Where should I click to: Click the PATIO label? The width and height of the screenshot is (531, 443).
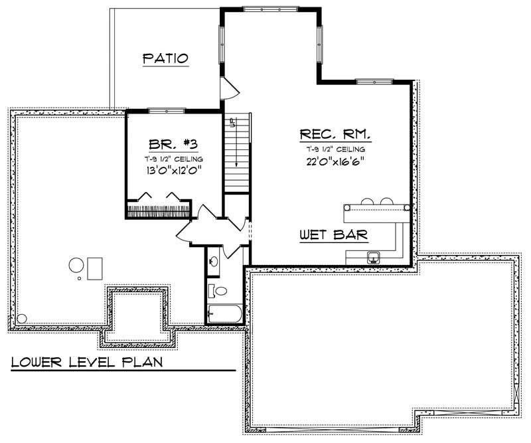click(x=166, y=59)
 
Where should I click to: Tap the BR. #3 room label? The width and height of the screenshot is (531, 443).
click(x=171, y=144)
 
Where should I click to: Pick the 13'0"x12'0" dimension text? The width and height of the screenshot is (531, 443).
click(x=171, y=170)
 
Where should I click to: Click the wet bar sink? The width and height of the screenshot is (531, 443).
click(x=373, y=257)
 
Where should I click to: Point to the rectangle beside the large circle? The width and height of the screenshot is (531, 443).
click(x=94, y=268)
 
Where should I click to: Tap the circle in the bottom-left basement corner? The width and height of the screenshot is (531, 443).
click(x=22, y=318)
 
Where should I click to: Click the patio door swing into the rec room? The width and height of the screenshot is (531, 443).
click(x=228, y=88)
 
